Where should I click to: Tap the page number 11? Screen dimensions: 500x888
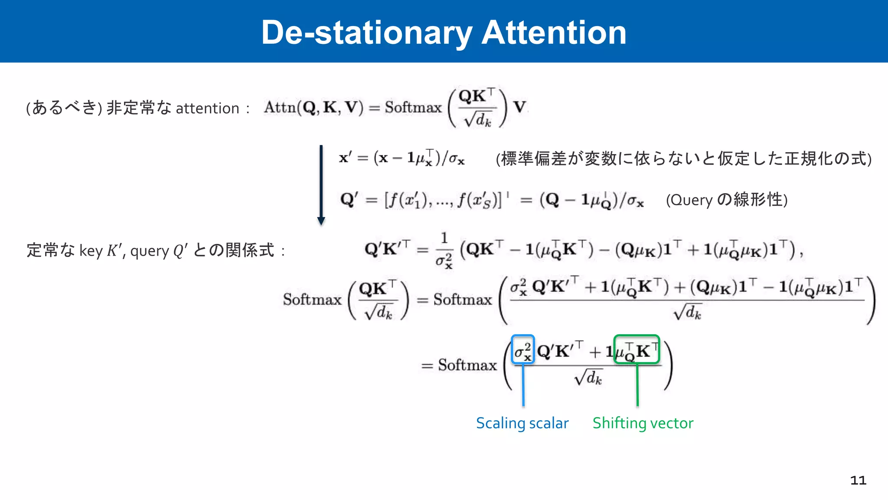click(x=858, y=480)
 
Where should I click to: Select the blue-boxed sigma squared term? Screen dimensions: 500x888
click(x=522, y=350)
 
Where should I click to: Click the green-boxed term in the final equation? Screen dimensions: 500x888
click(x=637, y=350)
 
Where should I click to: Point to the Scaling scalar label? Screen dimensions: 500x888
click(x=522, y=423)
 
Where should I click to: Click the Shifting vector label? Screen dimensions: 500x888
click(x=643, y=423)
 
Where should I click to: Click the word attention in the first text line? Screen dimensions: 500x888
click(x=208, y=108)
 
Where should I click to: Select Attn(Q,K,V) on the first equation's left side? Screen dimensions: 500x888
click(x=313, y=107)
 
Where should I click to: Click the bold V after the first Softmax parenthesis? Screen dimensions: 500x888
click(x=519, y=107)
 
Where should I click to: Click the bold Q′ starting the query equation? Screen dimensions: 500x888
click(x=349, y=200)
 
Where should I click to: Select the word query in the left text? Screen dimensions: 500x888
click(x=150, y=251)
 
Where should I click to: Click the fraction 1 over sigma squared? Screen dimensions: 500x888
click(x=444, y=250)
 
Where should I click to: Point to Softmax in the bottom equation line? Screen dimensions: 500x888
click(x=467, y=365)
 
